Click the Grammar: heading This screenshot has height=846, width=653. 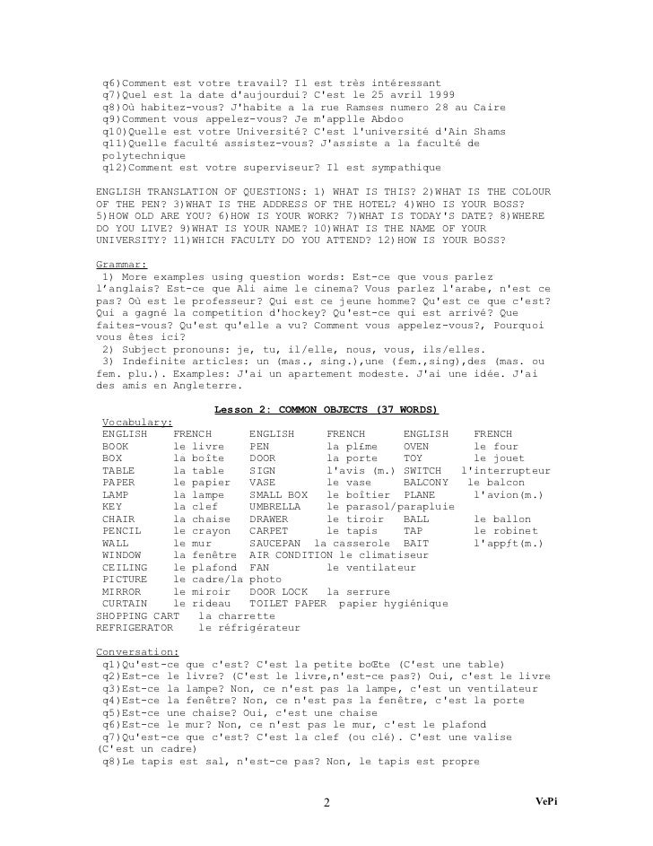(120, 266)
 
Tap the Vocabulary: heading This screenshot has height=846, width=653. (138, 422)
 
